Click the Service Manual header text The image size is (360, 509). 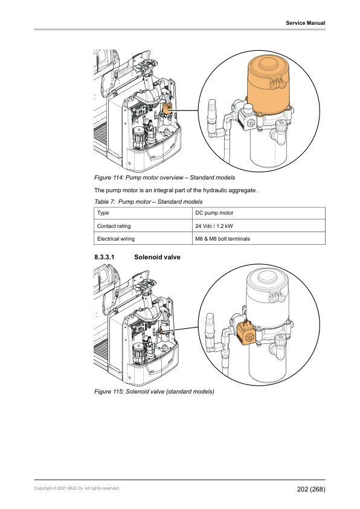[305, 23]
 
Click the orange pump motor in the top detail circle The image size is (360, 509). [269, 85]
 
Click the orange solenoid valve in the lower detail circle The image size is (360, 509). [247, 334]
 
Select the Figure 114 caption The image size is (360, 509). [164, 178]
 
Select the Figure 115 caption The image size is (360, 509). [154, 392]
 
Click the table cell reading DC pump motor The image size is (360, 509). [214, 213]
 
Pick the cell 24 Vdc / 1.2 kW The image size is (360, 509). [214, 226]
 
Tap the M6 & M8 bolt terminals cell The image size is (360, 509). [222, 239]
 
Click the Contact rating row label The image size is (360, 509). [114, 226]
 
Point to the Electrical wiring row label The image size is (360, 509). [116, 239]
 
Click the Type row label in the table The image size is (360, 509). [103, 213]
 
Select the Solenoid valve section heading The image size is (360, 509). [157, 257]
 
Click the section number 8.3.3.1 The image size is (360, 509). [104, 257]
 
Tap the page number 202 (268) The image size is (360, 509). [311, 489]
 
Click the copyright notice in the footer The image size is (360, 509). [77, 488]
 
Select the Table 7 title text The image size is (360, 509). [148, 201]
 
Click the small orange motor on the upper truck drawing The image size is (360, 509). [167, 109]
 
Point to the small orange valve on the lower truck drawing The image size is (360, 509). [160, 332]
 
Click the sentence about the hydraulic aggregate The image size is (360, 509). [175, 190]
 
